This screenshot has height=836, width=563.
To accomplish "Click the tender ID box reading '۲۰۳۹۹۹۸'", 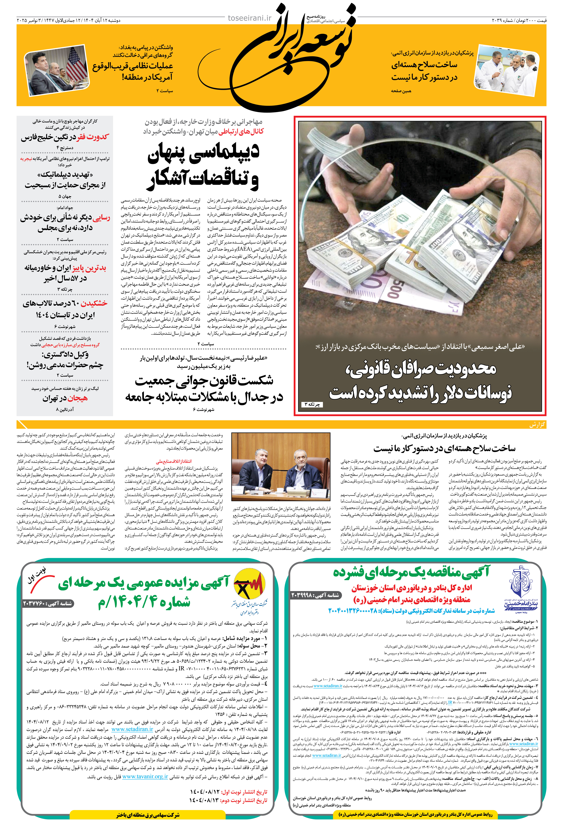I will (315, 595).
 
